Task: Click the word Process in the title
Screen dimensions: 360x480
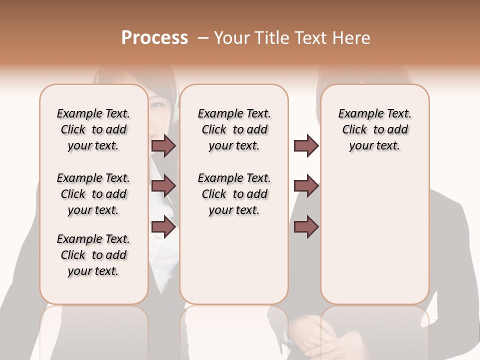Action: [154, 38]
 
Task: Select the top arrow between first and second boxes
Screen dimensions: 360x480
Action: [163, 145]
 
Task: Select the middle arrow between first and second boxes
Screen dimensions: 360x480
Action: [163, 186]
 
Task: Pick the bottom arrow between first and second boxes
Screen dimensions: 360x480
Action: [163, 227]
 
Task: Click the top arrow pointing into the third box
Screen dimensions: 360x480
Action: [306, 145]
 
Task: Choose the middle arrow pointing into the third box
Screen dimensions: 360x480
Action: [306, 186]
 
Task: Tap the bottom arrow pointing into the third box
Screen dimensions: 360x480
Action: [306, 227]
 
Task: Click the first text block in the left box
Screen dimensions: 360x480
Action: [93, 129]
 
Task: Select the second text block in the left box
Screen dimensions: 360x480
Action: [93, 194]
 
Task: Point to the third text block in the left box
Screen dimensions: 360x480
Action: [93, 255]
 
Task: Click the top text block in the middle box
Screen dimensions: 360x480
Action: [234, 129]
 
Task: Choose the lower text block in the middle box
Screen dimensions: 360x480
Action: [234, 194]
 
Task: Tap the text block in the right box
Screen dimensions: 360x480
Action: [374, 129]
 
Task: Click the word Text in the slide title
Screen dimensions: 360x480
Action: [309, 38]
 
